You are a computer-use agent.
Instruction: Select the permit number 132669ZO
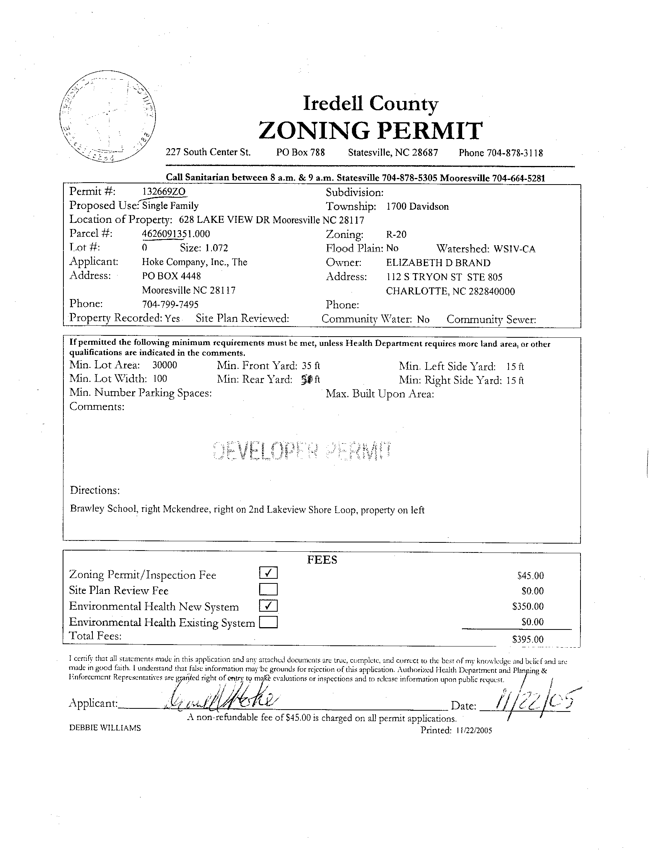click(165, 192)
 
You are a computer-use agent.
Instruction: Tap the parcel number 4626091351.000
click(176, 234)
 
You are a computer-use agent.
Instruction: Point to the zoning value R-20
click(396, 234)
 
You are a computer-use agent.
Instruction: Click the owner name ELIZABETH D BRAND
click(438, 263)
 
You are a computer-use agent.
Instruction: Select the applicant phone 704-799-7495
click(170, 304)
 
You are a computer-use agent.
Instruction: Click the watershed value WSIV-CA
click(514, 249)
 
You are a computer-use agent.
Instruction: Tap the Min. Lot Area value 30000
click(164, 365)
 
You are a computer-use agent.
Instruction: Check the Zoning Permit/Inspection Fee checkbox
click(268, 573)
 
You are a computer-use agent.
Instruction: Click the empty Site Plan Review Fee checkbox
click(268, 589)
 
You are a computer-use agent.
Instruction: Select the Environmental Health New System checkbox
click(268, 605)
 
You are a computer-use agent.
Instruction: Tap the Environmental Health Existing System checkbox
click(268, 623)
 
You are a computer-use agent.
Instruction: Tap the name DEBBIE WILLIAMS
click(105, 728)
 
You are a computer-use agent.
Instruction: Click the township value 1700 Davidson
click(417, 207)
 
